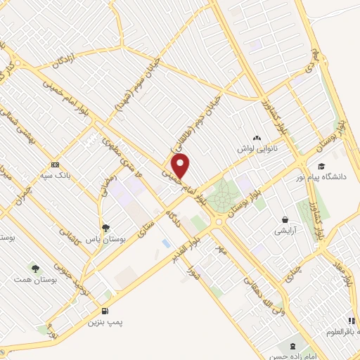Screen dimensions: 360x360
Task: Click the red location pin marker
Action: pos(181,167)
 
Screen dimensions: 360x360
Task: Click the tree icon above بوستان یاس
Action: pos(105,227)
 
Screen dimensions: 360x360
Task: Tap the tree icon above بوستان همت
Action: pos(33,268)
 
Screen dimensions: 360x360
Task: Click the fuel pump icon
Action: pos(105,310)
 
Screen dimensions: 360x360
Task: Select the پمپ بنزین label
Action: pos(105,322)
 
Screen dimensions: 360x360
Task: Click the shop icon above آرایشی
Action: pos(285,219)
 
